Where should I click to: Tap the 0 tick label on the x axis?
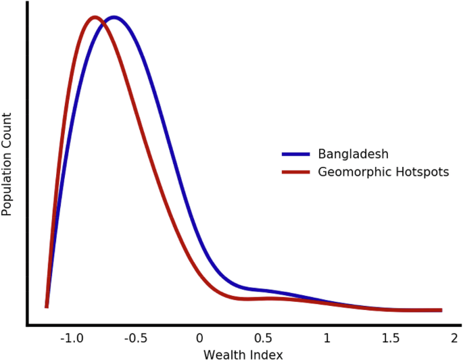click(199, 338)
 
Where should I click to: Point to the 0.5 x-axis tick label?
click(263, 338)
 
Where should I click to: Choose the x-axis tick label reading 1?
click(327, 338)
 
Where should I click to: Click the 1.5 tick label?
click(391, 338)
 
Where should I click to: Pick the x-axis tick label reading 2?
click(455, 338)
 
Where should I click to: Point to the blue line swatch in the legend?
click(295, 154)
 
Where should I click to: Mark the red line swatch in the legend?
click(295, 172)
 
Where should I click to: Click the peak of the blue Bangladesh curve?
click(114, 18)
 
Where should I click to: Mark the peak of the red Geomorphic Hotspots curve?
click(95, 18)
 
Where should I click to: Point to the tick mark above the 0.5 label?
click(263, 328)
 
